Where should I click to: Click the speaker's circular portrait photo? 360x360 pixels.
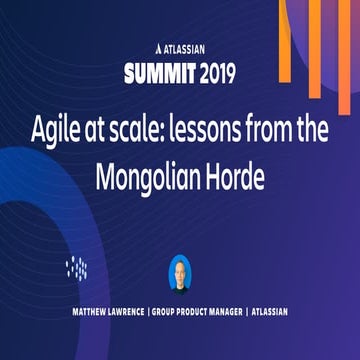181,274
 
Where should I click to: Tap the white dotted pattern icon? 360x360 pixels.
77,267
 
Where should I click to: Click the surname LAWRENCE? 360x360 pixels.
119,313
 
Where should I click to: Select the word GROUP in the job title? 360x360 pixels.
166,313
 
